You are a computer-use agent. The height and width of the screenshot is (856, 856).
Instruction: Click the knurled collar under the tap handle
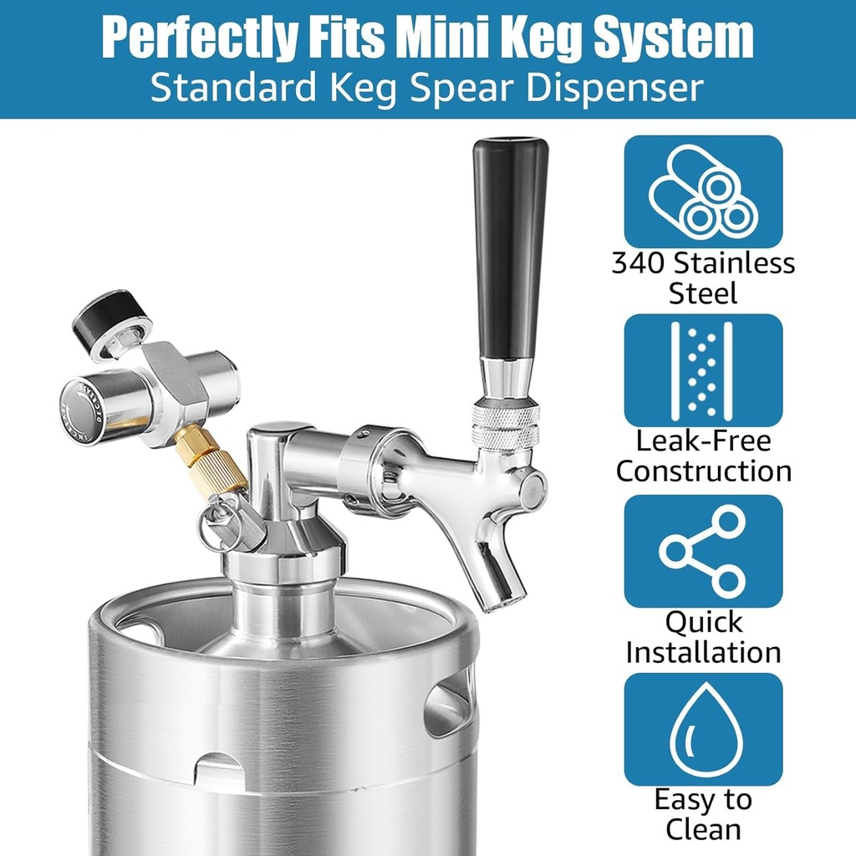pyautogui.click(x=506, y=425)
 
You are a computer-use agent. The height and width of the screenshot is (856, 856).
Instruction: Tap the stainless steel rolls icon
pyautogui.click(x=703, y=191)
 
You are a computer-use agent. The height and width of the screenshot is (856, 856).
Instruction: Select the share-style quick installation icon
pyautogui.click(x=703, y=551)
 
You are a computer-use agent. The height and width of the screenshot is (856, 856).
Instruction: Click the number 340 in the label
pyautogui.click(x=639, y=264)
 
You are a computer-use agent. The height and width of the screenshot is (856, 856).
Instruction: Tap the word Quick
pyautogui.click(x=703, y=622)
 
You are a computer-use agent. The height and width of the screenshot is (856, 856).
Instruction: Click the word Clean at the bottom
pyautogui.click(x=703, y=829)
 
